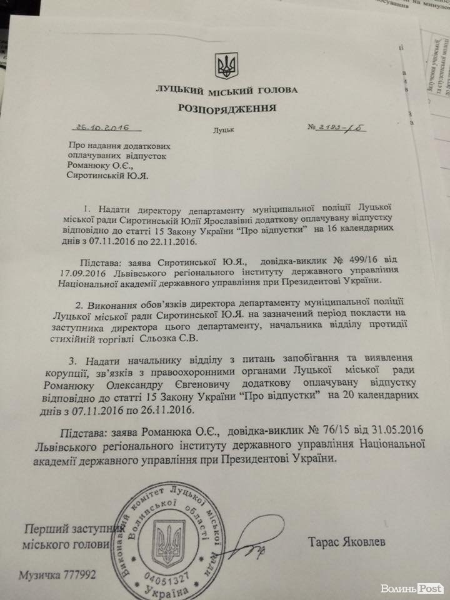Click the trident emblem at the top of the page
coord(224,65)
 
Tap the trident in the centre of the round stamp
coord(168,541)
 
